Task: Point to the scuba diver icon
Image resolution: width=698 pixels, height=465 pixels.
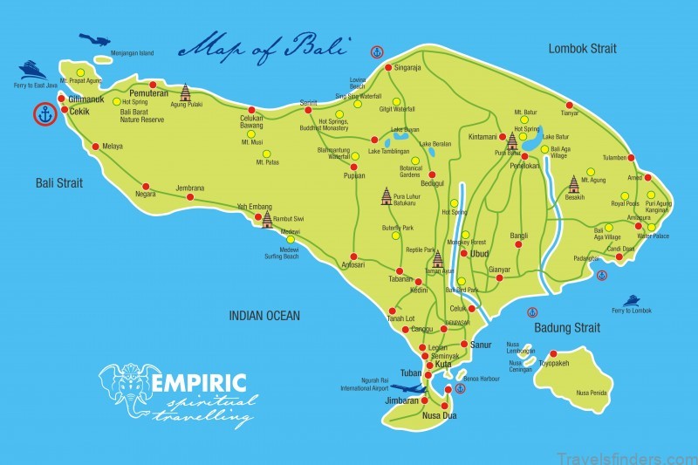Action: point(95,40)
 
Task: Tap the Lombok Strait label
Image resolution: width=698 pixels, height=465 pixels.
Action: point(583,48)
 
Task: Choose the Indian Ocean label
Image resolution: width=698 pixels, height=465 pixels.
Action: point(263,316)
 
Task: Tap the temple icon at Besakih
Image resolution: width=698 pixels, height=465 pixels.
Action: point(574,183)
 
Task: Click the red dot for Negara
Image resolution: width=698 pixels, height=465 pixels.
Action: point(146,185)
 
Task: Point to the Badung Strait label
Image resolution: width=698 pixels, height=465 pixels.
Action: point(567,328)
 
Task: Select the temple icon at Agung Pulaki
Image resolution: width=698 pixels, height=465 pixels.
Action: point(185,92)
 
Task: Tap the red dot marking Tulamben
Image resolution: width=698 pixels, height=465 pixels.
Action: point(631,158)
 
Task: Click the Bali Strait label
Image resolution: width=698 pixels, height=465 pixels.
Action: point(59,182)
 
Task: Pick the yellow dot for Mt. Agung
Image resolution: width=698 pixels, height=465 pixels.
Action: point(591,171)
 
